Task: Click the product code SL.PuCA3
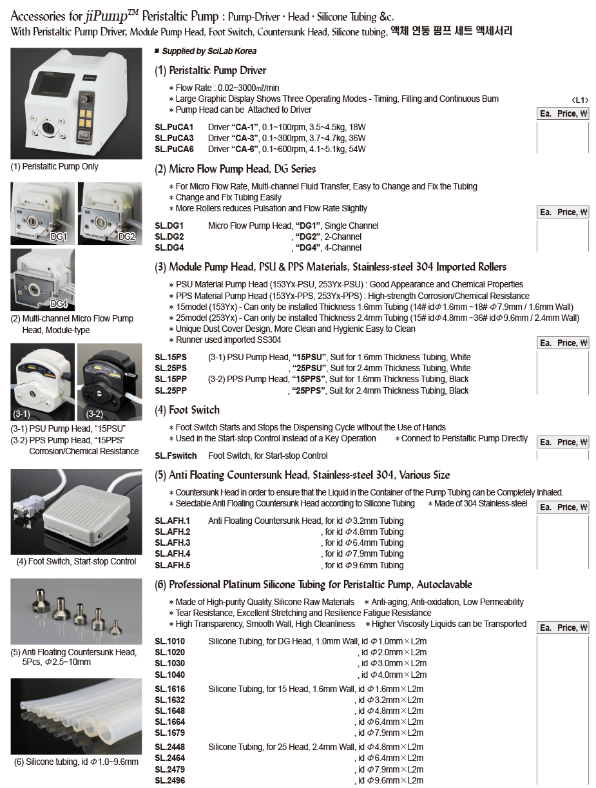[174, 138]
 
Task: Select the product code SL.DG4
[169, 247]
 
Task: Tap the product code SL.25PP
[171, 390]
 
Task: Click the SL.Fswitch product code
[176, 456]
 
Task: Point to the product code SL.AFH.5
[173, 565]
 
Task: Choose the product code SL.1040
[169, 675]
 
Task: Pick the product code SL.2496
[169, 780]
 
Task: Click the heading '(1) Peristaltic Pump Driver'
[210, 70]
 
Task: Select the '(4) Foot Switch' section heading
[187, 410]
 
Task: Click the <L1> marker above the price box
[580, 100]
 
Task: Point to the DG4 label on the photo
[59, 303]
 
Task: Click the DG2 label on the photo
[126, 236]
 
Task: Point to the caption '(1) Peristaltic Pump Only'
[55, 166]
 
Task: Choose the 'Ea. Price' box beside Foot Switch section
[562, 442]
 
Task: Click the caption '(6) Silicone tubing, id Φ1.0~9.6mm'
[76, 762]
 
